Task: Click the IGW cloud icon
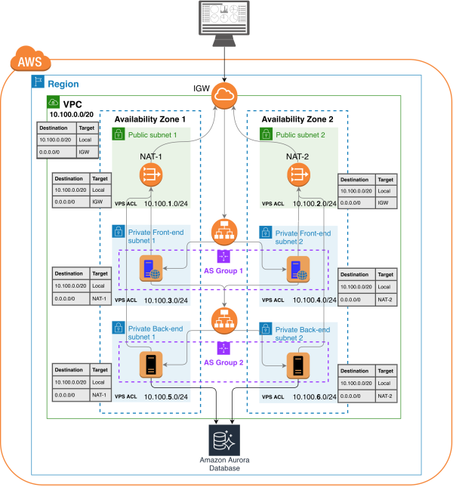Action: [x=224, y=94]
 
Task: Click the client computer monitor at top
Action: [x=224, y=18]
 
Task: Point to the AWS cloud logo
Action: [x=31, y=62]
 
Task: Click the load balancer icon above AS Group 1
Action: [x=224, y=230]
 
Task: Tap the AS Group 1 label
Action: [x=224, y=270]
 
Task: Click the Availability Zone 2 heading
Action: [x=297, y=119]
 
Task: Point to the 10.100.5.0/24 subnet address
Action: [x=169, y=396]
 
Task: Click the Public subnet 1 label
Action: [x=154, y=134]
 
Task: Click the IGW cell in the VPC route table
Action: [x=85, y=152]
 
